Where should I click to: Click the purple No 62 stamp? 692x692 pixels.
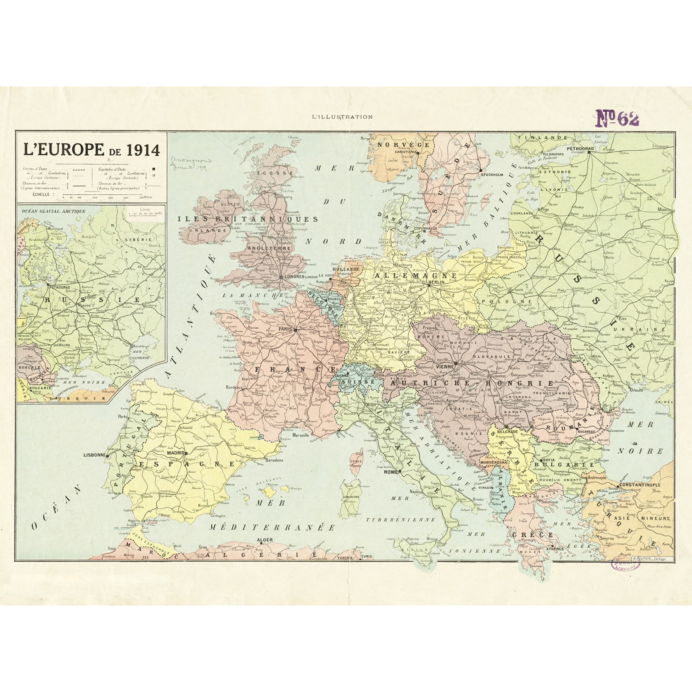point(617,118)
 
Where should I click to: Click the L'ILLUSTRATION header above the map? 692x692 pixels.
point(342,117)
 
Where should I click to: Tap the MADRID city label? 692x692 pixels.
point(176,453)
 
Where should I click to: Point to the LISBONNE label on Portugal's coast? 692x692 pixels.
point(94,455)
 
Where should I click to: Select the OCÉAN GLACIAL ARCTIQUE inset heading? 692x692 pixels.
point(54,211)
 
